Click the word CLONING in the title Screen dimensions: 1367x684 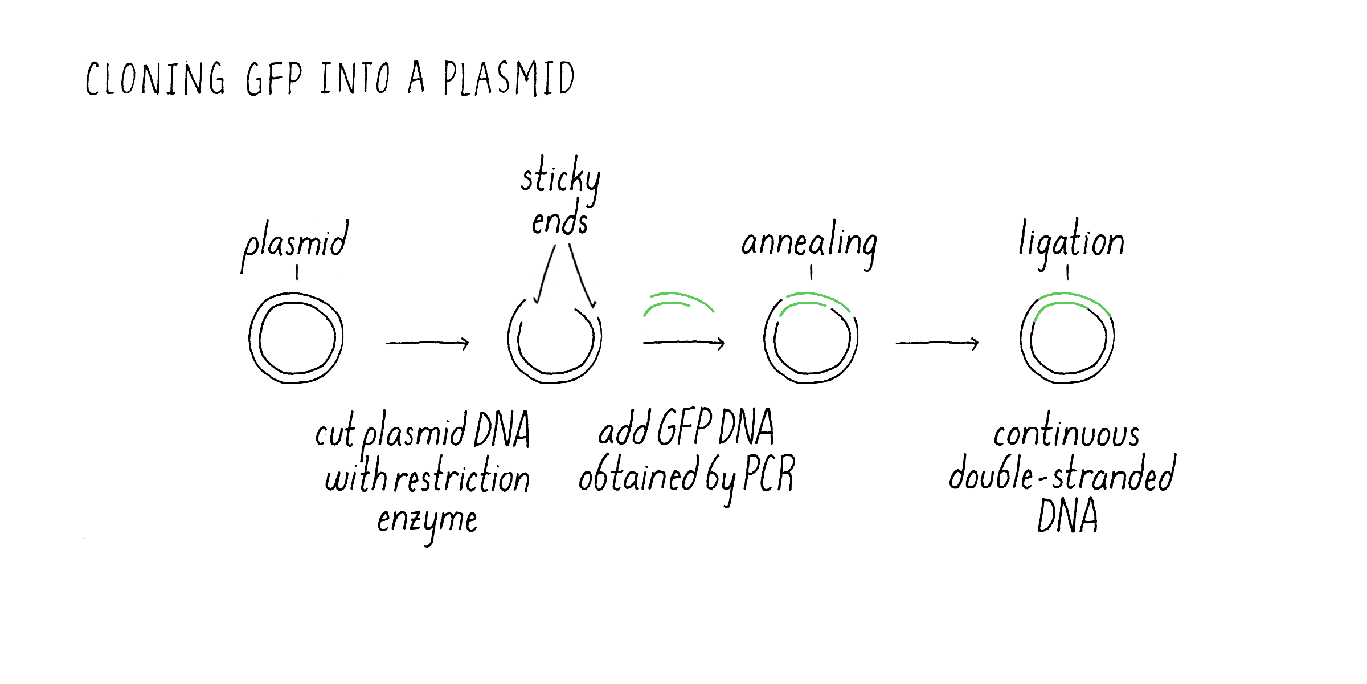pos(155,78)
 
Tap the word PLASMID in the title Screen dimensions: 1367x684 pos(509,78)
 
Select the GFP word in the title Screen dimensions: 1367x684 pos(274,79)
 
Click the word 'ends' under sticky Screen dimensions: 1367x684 pos(559,219)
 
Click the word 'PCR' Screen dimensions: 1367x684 pos(769,474)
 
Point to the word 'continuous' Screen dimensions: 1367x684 pos(1066,433)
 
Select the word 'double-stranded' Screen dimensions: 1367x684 pos(1062,473)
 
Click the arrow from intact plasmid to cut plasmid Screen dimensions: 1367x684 pos(427,343)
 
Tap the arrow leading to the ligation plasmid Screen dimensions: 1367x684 pos(938,343)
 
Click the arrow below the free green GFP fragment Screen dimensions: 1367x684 pos(683,343)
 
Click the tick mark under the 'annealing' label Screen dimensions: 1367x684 pos(811,273)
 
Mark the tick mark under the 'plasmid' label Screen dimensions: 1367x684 pos(297,273)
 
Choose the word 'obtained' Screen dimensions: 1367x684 pos(639,474)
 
